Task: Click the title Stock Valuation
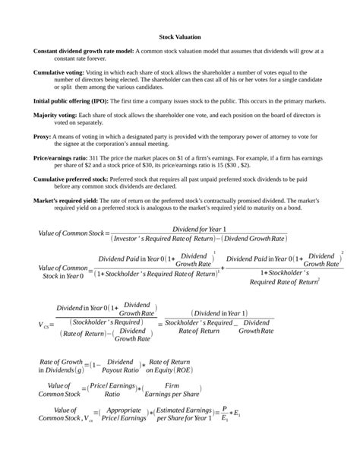pyautogui.click(x=179, y=36)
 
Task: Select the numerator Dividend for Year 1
pyautogui.click(x=200, y=228)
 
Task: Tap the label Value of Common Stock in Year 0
pyautogui.click(x=62, y=271)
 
